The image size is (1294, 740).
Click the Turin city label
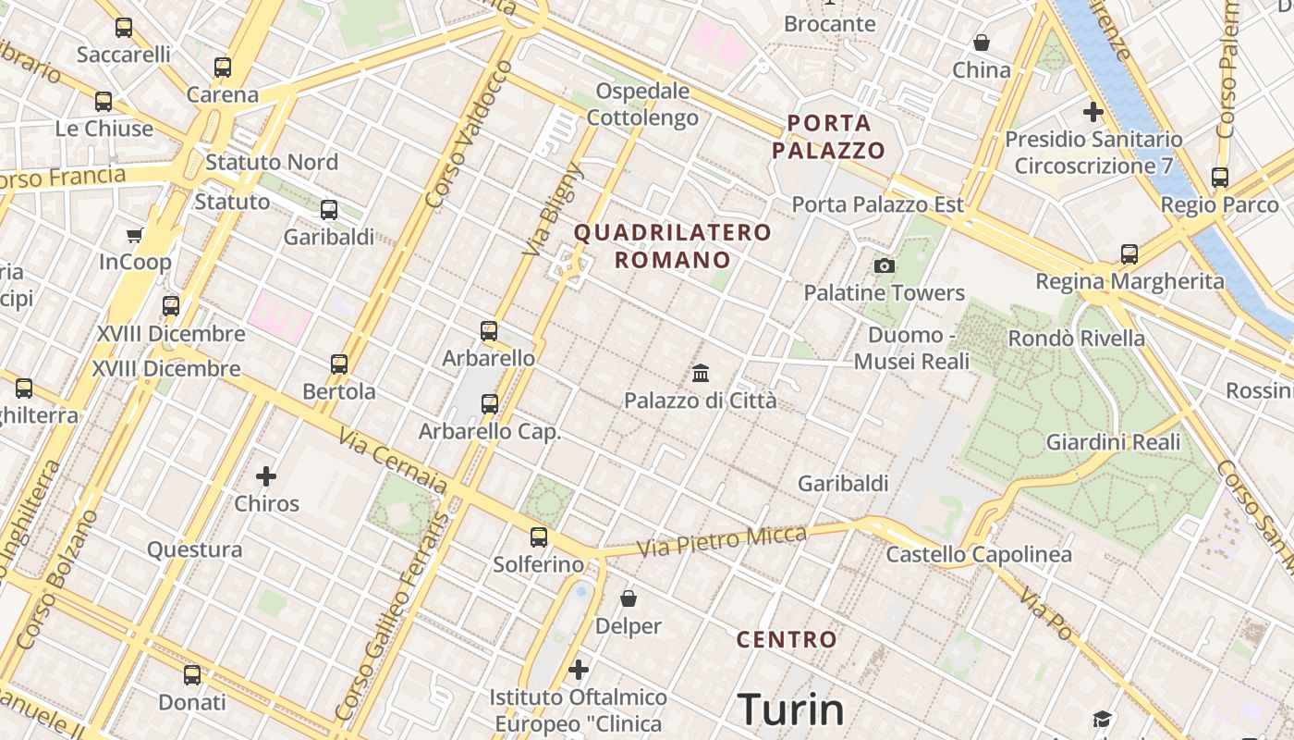pyautogui.click(x=791, y=709)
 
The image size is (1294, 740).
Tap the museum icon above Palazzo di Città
pyautogui.click(x=701, y=374)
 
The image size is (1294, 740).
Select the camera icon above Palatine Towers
pyautogui.click(x=885, y=266)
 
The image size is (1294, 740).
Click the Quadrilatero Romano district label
pyautogui.click(x=673, y=246)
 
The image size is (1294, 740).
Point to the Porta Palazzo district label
pyautogui.click(x=829, y=136)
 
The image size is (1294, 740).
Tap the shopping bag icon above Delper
pyautogui.click(x=629, y=598)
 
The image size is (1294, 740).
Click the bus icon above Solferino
pyautogui.click(x=539, y=536)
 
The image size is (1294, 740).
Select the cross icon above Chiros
pyautogui.click(x=266, y=476)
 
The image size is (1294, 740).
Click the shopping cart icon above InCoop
pyautogui.click(x=135, y=235)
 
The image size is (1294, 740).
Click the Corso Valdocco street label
pyautogui.click(x=469, y=134)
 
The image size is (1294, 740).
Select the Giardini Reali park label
pyautogui.click(x=1113, y=442)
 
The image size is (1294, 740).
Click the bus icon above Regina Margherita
pyautogui.click(x=1129, y=253)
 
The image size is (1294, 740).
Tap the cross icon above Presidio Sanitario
pyautogui.click(x=1093, y=112)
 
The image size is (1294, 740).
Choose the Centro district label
pyautogui.click(x=787, y=639)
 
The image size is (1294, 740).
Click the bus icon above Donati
pyautogui.click(x=192, y=675)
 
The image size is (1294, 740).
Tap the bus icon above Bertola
pyautogui.click(x=339, y=364)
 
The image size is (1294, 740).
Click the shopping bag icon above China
pyautogui.click(x=982, y=43)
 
